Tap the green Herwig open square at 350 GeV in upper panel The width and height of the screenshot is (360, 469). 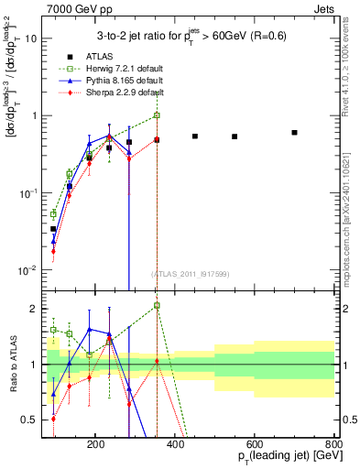[157, 115]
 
